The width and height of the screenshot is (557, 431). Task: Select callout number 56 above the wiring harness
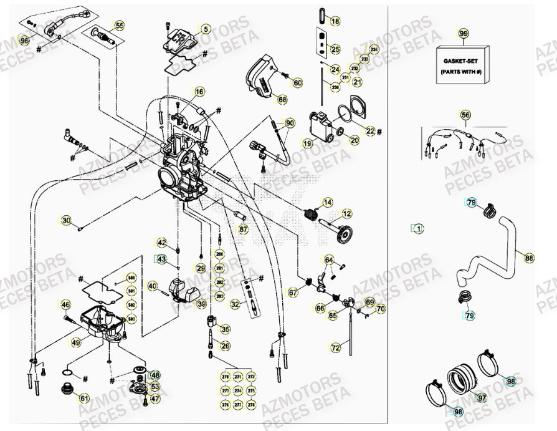click(x=465, y=114)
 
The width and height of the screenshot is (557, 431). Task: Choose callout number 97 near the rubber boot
click(x=481, y=397)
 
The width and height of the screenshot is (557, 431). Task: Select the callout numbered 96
click(x=24, y=41)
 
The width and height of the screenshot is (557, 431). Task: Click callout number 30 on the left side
click(x=67, y=220)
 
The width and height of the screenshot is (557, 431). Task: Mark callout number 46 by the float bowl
click(x=65, y=304)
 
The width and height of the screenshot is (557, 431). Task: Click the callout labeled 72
click(x=335, y=347)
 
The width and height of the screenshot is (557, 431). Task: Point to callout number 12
click(x=346, y=214)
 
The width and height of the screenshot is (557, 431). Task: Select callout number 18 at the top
click(x=335, y=22)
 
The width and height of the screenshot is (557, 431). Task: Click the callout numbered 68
click(x=282, y=99)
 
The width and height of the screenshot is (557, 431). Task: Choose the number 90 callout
click(x=289, y=123)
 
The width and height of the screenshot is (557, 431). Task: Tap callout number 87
click(x=244, y=230)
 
